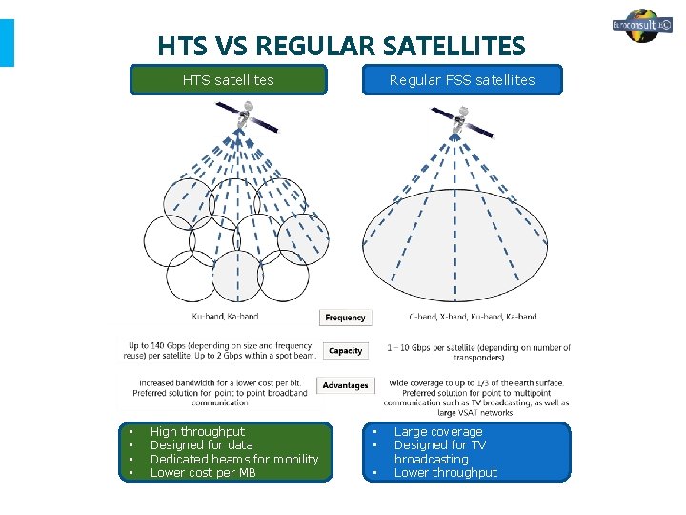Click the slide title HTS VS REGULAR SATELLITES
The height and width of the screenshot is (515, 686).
click(341, 46)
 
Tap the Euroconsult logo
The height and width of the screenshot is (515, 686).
click(642, 26)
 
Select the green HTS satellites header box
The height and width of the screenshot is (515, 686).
click(229, 80)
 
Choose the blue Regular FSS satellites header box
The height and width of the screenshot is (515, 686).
click(462, 80)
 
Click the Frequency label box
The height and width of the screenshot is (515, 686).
click(345, 318)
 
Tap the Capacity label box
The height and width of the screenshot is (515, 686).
click(345, 351)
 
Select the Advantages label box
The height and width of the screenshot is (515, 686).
click(345, 385)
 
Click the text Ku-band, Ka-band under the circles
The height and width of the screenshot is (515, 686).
click(225, 317)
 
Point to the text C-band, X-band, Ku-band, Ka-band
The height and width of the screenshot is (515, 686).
click(473, 317)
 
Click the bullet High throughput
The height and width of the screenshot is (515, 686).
click(197, 432)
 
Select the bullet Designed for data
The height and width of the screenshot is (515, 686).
click(202, 445)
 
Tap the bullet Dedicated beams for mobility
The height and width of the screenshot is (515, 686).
click(234, 459)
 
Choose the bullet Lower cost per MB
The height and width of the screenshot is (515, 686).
click(203, 472)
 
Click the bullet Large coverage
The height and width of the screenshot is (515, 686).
click(438, 432)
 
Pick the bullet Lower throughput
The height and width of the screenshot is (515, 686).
click(445, 472)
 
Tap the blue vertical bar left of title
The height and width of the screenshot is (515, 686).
click(7, 43)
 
